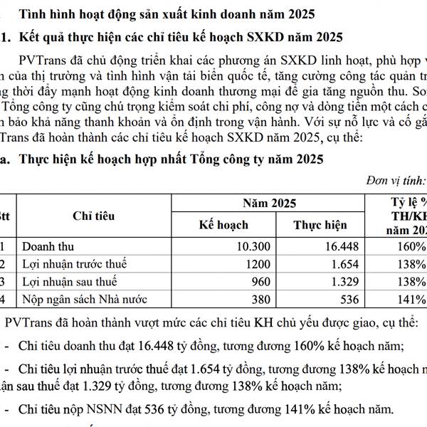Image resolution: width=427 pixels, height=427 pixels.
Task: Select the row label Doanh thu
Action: pyautogui.click(x=48, y=247)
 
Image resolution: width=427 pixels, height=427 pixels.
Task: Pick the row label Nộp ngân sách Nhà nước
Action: pyautogui.click(x=88, y=299)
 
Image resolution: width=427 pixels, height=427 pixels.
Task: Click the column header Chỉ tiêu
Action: pyautogui.click(x=93, y=215)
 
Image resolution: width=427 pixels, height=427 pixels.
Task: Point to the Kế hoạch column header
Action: pyautogui.click(x=223, y=225)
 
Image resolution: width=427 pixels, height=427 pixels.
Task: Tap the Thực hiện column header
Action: pyautogui.click(x=320, y=225)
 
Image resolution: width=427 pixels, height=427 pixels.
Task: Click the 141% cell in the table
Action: pyautogui.click(x=411, y=299)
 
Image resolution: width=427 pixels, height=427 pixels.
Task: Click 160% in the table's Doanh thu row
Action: pyautogui.click(x=411, y=247)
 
